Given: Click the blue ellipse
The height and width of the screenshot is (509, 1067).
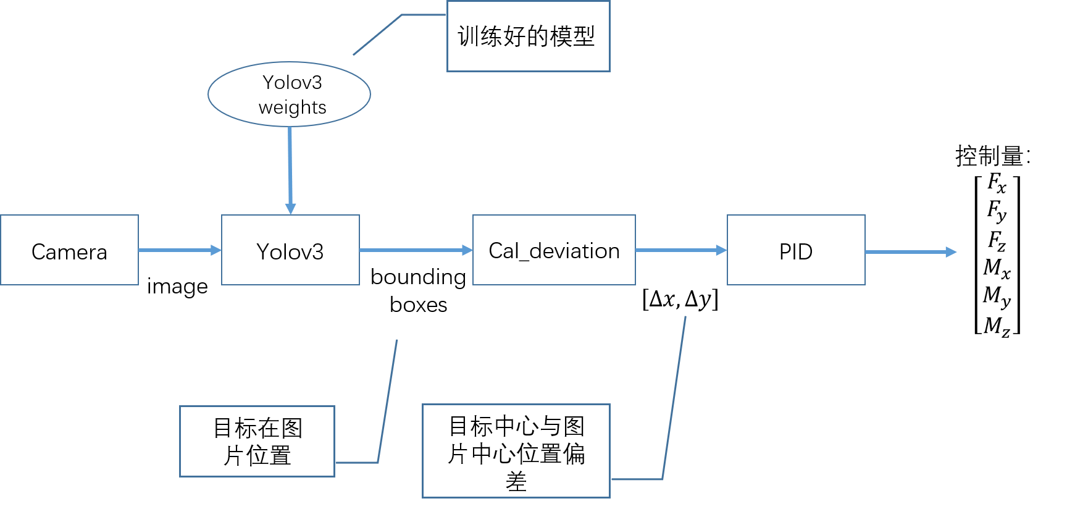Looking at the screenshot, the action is tap(289, 94).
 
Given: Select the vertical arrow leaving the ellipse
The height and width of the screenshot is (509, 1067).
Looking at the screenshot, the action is tap(290, 164).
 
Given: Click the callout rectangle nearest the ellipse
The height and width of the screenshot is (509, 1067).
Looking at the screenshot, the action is tap(528, 36).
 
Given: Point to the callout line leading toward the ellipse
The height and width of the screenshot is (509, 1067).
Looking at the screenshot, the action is tap(378, 34).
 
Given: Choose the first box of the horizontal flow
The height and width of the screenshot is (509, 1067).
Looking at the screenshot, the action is tap(69, 250).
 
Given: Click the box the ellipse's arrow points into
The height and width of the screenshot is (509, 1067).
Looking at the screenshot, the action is tap(290, 250).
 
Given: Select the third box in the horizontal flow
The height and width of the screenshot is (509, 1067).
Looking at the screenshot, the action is tap(554, 250).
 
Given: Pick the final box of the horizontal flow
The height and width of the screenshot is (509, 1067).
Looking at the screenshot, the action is tap(796, 250).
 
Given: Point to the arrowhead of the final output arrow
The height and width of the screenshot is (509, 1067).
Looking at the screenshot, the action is tap(952, 252).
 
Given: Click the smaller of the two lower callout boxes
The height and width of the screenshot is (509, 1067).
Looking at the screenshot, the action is tap(257, 441).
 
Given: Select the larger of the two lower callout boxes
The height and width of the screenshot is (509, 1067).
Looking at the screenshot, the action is tap(516, 450).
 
